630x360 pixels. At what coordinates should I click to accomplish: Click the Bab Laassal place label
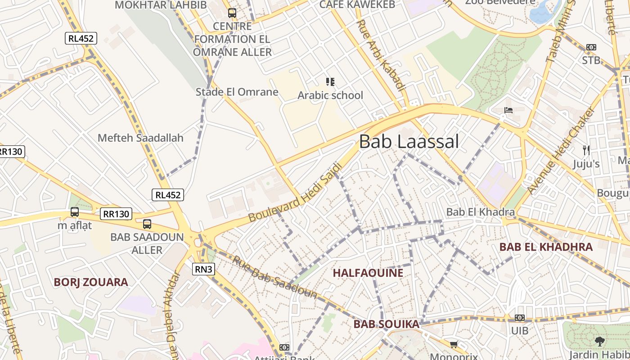tap(409, 142)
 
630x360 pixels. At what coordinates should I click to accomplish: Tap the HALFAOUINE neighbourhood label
tap(368, 273)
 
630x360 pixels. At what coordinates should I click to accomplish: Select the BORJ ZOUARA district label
tap(91, 282)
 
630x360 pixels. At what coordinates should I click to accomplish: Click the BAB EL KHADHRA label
tap(546, 247)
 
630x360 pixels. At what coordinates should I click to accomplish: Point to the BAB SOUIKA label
tap(386, 324)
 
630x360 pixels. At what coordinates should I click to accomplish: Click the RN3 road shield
tap(203, 269)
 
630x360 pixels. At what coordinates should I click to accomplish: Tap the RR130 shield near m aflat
tap(116, 214)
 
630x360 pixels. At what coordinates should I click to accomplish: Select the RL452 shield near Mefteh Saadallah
tap(168, 195)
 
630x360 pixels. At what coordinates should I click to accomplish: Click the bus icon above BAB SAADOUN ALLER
tap(147, 224)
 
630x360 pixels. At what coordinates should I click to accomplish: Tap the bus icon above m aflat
tap(75, 211)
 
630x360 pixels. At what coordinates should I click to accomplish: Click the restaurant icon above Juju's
tap(586, 150)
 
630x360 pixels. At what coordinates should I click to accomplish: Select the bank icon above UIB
tap(519, 318)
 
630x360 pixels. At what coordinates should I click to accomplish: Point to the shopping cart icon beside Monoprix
tap(454, 345)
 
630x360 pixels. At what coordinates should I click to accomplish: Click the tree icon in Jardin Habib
tap(599, 342)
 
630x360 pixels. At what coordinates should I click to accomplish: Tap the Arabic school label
tap(330, 95)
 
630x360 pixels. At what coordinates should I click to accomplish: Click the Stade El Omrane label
tap(237, 92)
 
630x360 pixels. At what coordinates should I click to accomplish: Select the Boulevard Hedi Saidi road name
tap(296, 192)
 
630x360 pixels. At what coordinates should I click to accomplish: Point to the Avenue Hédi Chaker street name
tap(561, 150)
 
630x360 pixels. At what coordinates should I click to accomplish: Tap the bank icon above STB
tap(591, 47)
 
